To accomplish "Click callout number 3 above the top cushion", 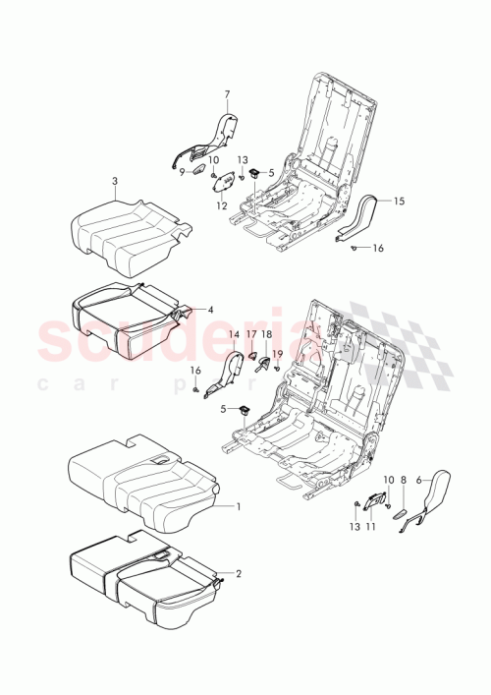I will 115,181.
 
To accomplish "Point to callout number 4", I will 209,308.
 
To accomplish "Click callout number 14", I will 235,335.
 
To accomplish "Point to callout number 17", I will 250,335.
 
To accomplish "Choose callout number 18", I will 266,335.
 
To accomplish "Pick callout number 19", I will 278,354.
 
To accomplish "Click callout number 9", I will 181,171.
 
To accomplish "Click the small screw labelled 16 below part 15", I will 353,249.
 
